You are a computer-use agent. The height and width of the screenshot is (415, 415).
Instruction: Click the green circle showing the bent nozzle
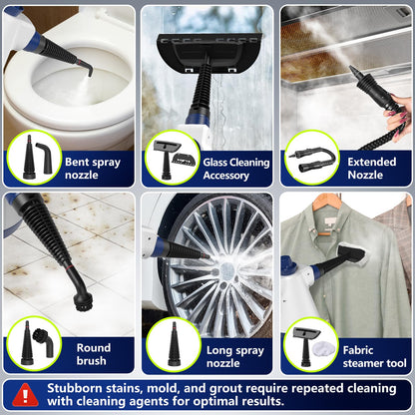coord(33,158)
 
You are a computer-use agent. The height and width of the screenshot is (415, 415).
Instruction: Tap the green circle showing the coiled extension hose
coord(312,158)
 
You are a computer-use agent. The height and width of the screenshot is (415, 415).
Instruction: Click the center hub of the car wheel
coord(212,267)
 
